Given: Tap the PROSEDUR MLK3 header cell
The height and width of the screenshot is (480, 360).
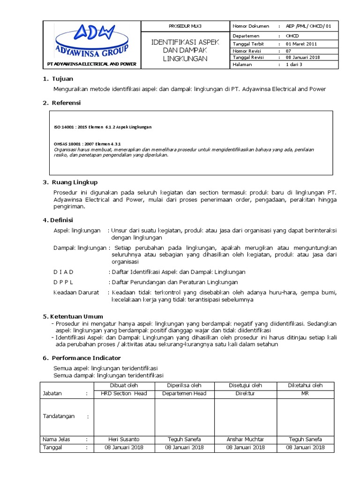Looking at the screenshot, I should click(x=184, y=26).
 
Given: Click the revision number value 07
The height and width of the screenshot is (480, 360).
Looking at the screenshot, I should click(x=289, y=51).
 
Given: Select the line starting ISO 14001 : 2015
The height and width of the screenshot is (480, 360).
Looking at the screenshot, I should click(x=103, y=127).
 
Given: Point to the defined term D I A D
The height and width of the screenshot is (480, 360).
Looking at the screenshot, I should click(x=63, y=272).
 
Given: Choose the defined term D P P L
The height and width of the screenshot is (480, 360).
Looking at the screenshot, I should click(x=63, y=282).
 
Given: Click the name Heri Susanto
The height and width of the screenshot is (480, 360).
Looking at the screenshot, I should click(x=124, y=439).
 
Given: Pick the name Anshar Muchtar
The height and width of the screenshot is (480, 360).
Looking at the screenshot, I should click(x=245, y=439).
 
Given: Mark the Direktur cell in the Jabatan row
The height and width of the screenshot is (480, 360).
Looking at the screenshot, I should click(x=245, y=393).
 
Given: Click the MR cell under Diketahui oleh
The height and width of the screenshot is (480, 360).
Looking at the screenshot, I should click(x=305, y=393).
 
